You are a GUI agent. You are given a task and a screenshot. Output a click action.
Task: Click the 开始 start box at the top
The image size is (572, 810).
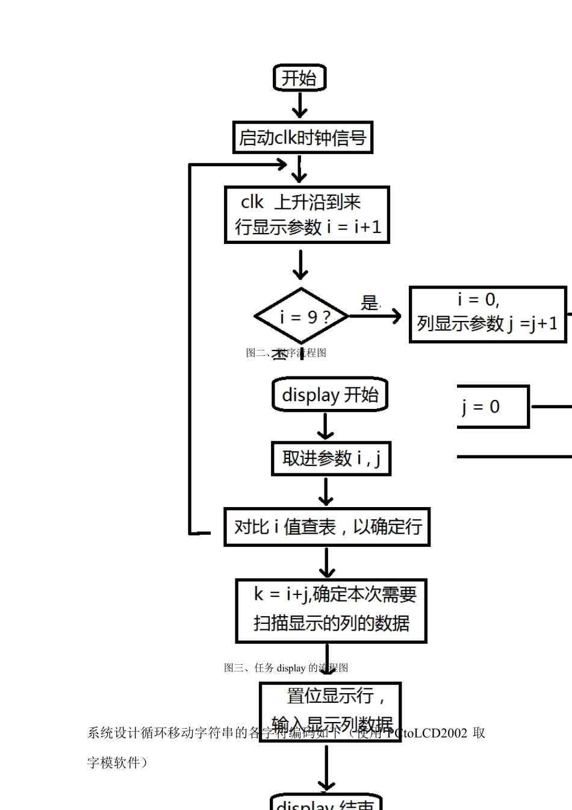click(299, 78)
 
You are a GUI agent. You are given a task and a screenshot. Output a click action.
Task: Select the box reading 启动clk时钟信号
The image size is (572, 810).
click(302, 138)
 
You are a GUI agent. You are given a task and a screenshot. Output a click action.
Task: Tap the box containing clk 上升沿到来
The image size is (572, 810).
click(306, 215)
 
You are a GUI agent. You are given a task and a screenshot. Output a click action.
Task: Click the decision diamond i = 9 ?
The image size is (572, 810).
click(302, 316)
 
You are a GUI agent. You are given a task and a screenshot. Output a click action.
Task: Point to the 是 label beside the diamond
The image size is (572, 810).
click(369, 303)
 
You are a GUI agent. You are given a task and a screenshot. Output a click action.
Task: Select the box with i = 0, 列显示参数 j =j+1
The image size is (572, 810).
click(487, 314)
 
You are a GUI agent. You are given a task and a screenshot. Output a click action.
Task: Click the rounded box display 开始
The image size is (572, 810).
click(329, 395)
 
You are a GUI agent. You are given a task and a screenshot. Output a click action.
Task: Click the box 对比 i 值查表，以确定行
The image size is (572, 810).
click(326, 527)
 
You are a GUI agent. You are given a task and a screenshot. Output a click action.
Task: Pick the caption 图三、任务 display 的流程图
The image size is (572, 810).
click(286, 668)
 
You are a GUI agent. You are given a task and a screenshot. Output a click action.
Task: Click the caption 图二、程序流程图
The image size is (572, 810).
click(286, 353)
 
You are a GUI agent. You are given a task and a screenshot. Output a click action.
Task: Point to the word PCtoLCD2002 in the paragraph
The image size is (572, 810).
click(427, 733)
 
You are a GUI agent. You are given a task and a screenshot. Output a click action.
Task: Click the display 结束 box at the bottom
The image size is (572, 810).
click(326, 803)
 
